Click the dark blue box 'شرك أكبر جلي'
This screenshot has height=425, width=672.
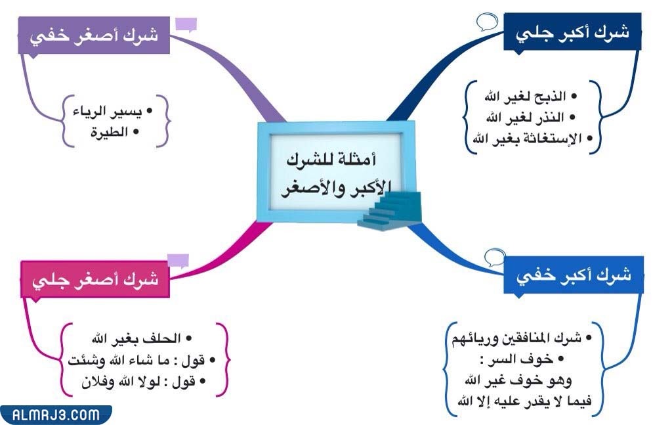pyautogui.click(x=572, y=32)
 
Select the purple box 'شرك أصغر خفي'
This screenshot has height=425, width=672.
pyautogui.click(x=93, y=35)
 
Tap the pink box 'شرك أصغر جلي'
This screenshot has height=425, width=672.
pyautogui.click(x=94, y=279)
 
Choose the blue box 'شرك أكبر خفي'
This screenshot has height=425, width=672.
pyautogui.click(x=574, y=275)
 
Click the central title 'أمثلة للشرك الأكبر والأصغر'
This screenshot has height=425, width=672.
pyautogui.click(x=336, y=174)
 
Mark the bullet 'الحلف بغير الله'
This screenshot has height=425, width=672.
pyautogui.click(x=139, y=339)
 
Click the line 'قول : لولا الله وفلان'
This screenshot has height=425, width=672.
pyautogui.click(x=143, y=380)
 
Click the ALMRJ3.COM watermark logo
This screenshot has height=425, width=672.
pyautogui.click(x=56, y=414)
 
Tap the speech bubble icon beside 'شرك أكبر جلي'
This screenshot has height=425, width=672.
pyautogui.click(x=486, y=22)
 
